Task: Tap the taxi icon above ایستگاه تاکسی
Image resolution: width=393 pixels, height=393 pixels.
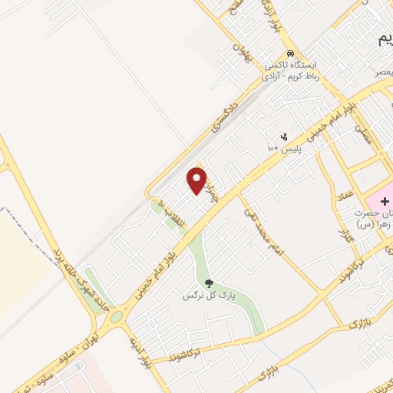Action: click(x=290, y=54)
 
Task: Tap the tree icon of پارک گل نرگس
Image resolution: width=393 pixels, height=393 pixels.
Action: click(x=208, y=283)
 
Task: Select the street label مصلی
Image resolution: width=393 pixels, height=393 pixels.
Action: click(x=361, y=137)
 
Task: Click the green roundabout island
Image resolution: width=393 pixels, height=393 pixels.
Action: click(x=116, y=316)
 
